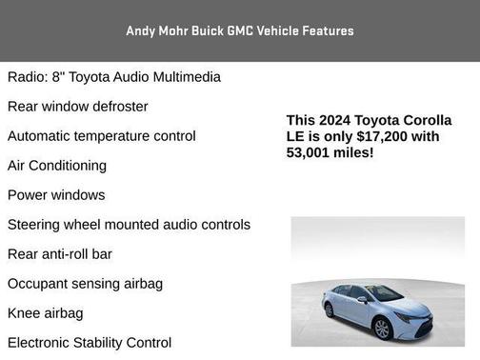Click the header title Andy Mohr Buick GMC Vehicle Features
coord(239,30)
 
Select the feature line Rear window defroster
coord(78,107)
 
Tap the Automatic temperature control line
coord(102,136)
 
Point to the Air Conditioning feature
coord(57,166)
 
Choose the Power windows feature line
coord(56,195)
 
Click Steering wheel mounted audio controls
coord(129,225)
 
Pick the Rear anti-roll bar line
coord(60,254)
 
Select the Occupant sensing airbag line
coord(85,284)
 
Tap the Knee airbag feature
coord(45,313)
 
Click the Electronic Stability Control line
coord(90,343)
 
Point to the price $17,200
coord(388,136)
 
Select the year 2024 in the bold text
coord(335,120)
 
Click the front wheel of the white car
coord(381,327)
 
